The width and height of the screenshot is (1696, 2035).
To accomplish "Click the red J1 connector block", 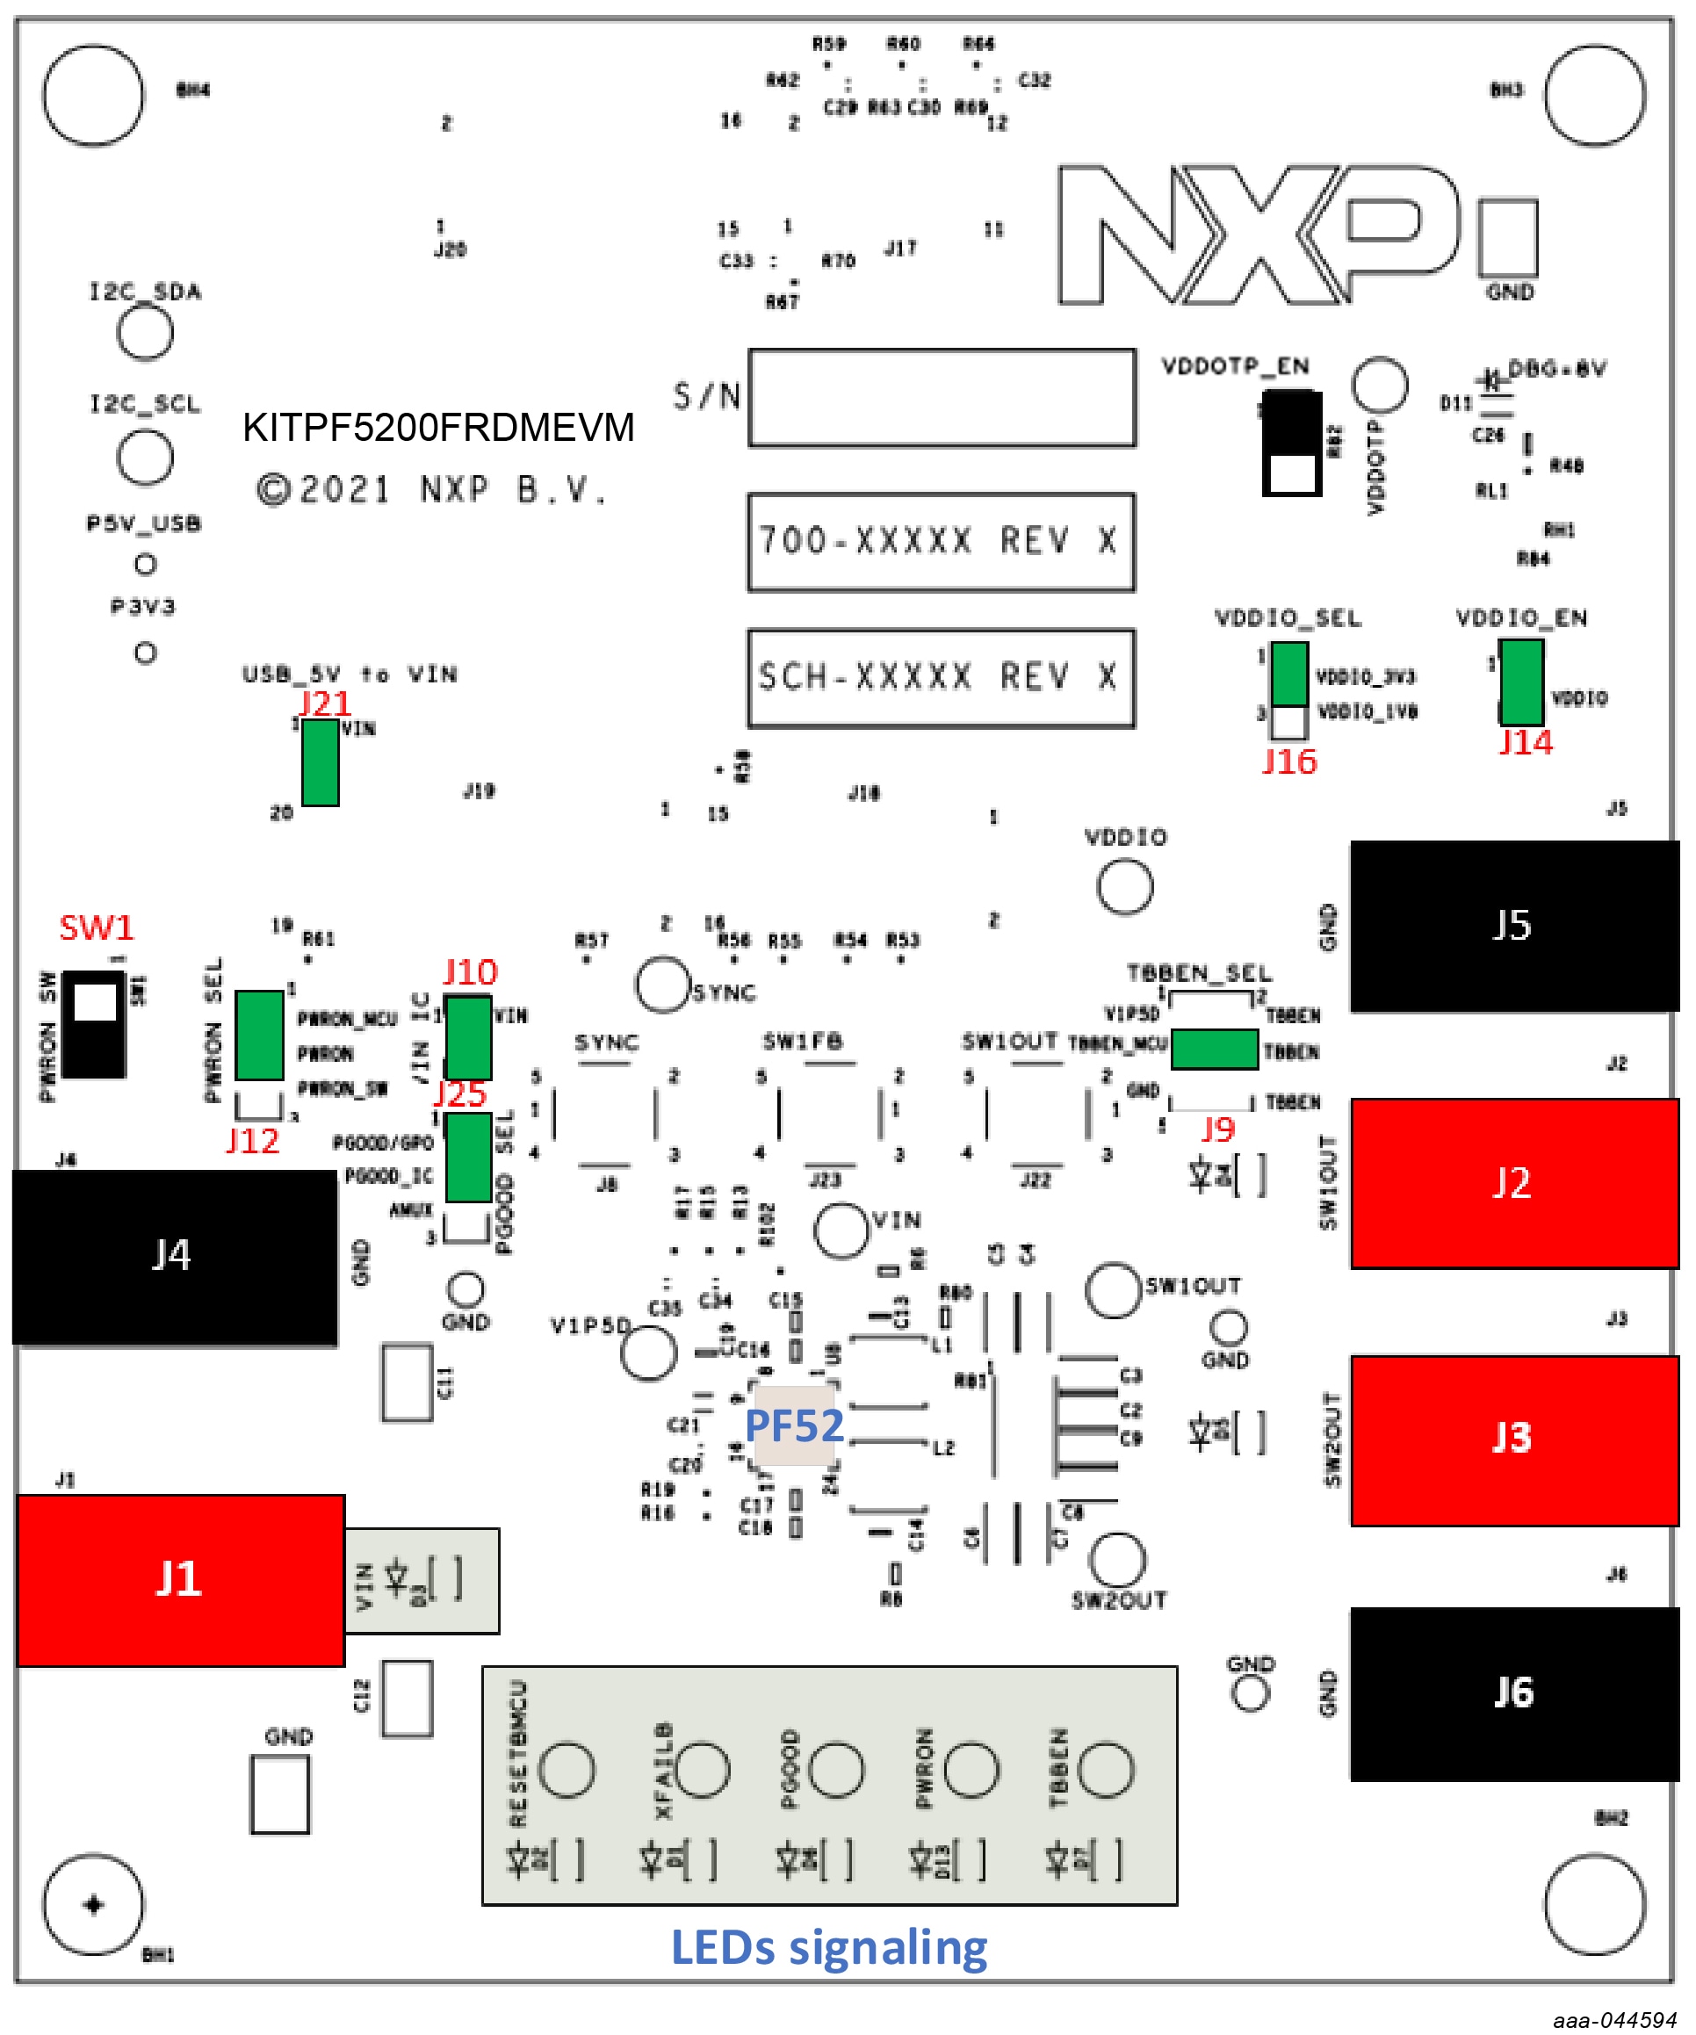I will pyautogui.click(x=181, y=1579).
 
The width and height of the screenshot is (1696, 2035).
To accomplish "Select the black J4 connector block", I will pyautogui.click(x=175, y=1256).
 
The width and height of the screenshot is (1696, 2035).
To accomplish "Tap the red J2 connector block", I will pyautogui.click(x=1514, y=1183).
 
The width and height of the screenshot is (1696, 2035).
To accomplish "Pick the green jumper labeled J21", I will pyautogui.click(x=320, y=762).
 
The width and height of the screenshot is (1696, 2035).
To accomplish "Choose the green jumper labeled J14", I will pyautogui.click(x=1521, y=682).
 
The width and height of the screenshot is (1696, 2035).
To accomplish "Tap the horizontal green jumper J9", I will pyautogui.click(x=1215, y=1050).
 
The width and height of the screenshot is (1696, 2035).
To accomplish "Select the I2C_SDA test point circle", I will pyautogui.click(x=146, y=332).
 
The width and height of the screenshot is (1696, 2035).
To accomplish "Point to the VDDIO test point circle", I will pyautogui.click(x=1125, y=885).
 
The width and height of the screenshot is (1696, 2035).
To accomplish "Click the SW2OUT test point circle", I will pyautogui.click(x=1117, y=1559).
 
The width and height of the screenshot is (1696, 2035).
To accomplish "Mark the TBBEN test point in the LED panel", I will pyautogui.click(x=1106, y=1769).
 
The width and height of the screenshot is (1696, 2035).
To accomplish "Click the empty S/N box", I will pyautogui.click(x=942, y=398).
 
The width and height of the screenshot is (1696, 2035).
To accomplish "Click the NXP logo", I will pyautogui.click(x=1259, y=235).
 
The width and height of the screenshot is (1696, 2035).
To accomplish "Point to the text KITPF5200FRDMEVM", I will pyautogui.click(x=438, y=428).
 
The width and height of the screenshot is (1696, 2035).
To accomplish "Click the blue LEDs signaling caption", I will pyautogui.click(x=830, y=1948).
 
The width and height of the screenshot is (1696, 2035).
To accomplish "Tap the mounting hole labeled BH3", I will pyautogui.click(x=1594, y=96).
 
